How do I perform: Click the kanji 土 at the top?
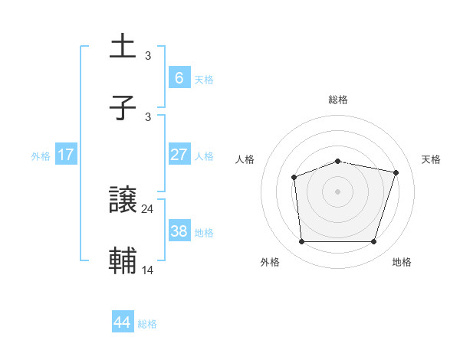(123, 46)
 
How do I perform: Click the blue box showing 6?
(179, 77)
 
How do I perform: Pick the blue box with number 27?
(179, 155)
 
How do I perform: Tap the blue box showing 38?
(179, 231)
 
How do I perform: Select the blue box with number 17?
(66, 155)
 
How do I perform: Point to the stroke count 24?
(148, 209)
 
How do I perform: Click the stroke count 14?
(148, 270)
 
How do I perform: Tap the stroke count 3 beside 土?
(148, 55)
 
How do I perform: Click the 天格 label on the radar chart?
(432, 159)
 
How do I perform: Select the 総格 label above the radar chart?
(338, 100)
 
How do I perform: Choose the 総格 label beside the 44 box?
(147, 324)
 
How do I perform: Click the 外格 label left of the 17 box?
(41, 156)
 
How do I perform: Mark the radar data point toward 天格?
(396, 173)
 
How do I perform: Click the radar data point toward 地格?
(373, 242)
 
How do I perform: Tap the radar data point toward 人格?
(294, 178)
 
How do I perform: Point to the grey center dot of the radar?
(338, 191)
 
